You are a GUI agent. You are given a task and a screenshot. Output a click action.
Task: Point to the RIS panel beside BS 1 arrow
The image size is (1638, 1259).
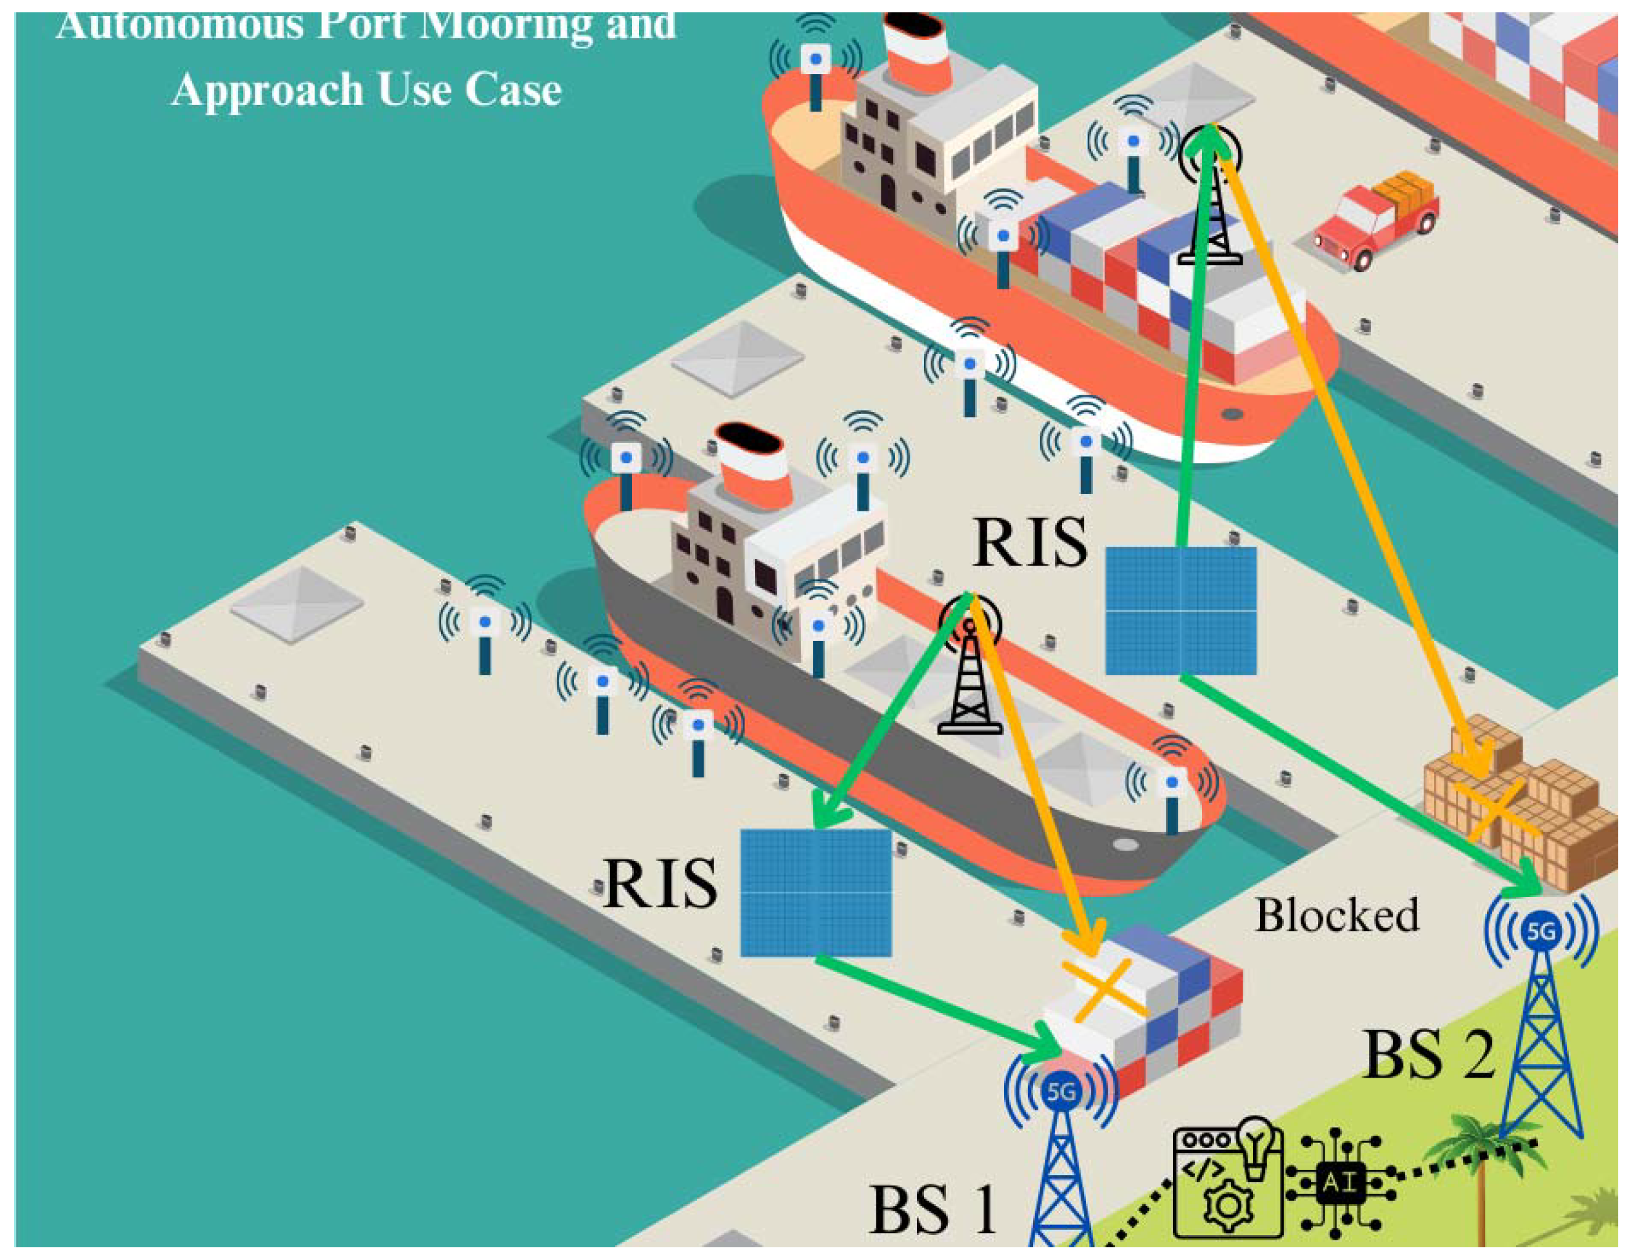click(x=815, y=893)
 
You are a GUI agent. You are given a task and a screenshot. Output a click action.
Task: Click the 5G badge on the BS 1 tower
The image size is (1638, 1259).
click(x=1060, y=1092)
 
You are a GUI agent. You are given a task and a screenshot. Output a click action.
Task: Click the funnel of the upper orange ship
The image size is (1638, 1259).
click(x=917, y=51)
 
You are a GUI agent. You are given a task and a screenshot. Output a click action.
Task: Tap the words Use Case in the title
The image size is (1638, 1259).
click(x=470, y=91)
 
